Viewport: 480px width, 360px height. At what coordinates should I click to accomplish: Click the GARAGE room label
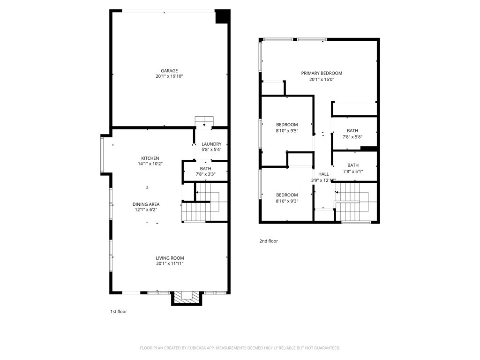(170, 71)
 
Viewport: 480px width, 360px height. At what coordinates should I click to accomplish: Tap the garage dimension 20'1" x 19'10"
(170, 76)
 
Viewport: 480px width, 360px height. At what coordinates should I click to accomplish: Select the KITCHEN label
(150, 158)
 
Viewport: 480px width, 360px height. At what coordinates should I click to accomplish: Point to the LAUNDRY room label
(211, 144)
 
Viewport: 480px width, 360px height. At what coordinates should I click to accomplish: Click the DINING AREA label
(146, 204)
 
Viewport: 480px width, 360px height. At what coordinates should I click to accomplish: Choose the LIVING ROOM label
(170, 258)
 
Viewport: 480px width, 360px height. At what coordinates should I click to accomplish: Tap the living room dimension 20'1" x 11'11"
(170, 264)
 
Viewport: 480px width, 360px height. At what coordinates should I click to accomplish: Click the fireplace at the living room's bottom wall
(187, 297)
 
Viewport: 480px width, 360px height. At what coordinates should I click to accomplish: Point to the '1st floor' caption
(118, 311)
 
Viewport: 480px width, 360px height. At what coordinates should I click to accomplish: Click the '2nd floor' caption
(269, 241)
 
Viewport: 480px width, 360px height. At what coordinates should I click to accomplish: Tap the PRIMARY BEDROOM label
(322, 73)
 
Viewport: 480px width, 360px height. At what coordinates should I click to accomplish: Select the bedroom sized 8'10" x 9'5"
(286, 127)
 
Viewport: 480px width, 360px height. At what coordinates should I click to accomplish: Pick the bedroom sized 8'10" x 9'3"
(286, 198)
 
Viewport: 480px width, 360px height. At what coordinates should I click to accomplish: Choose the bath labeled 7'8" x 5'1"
(352, 168)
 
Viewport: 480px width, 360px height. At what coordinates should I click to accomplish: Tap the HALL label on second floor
(323, 174)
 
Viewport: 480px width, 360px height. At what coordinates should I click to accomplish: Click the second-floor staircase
(356, 202)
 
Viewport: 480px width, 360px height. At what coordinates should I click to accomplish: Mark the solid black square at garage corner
(222, 16)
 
